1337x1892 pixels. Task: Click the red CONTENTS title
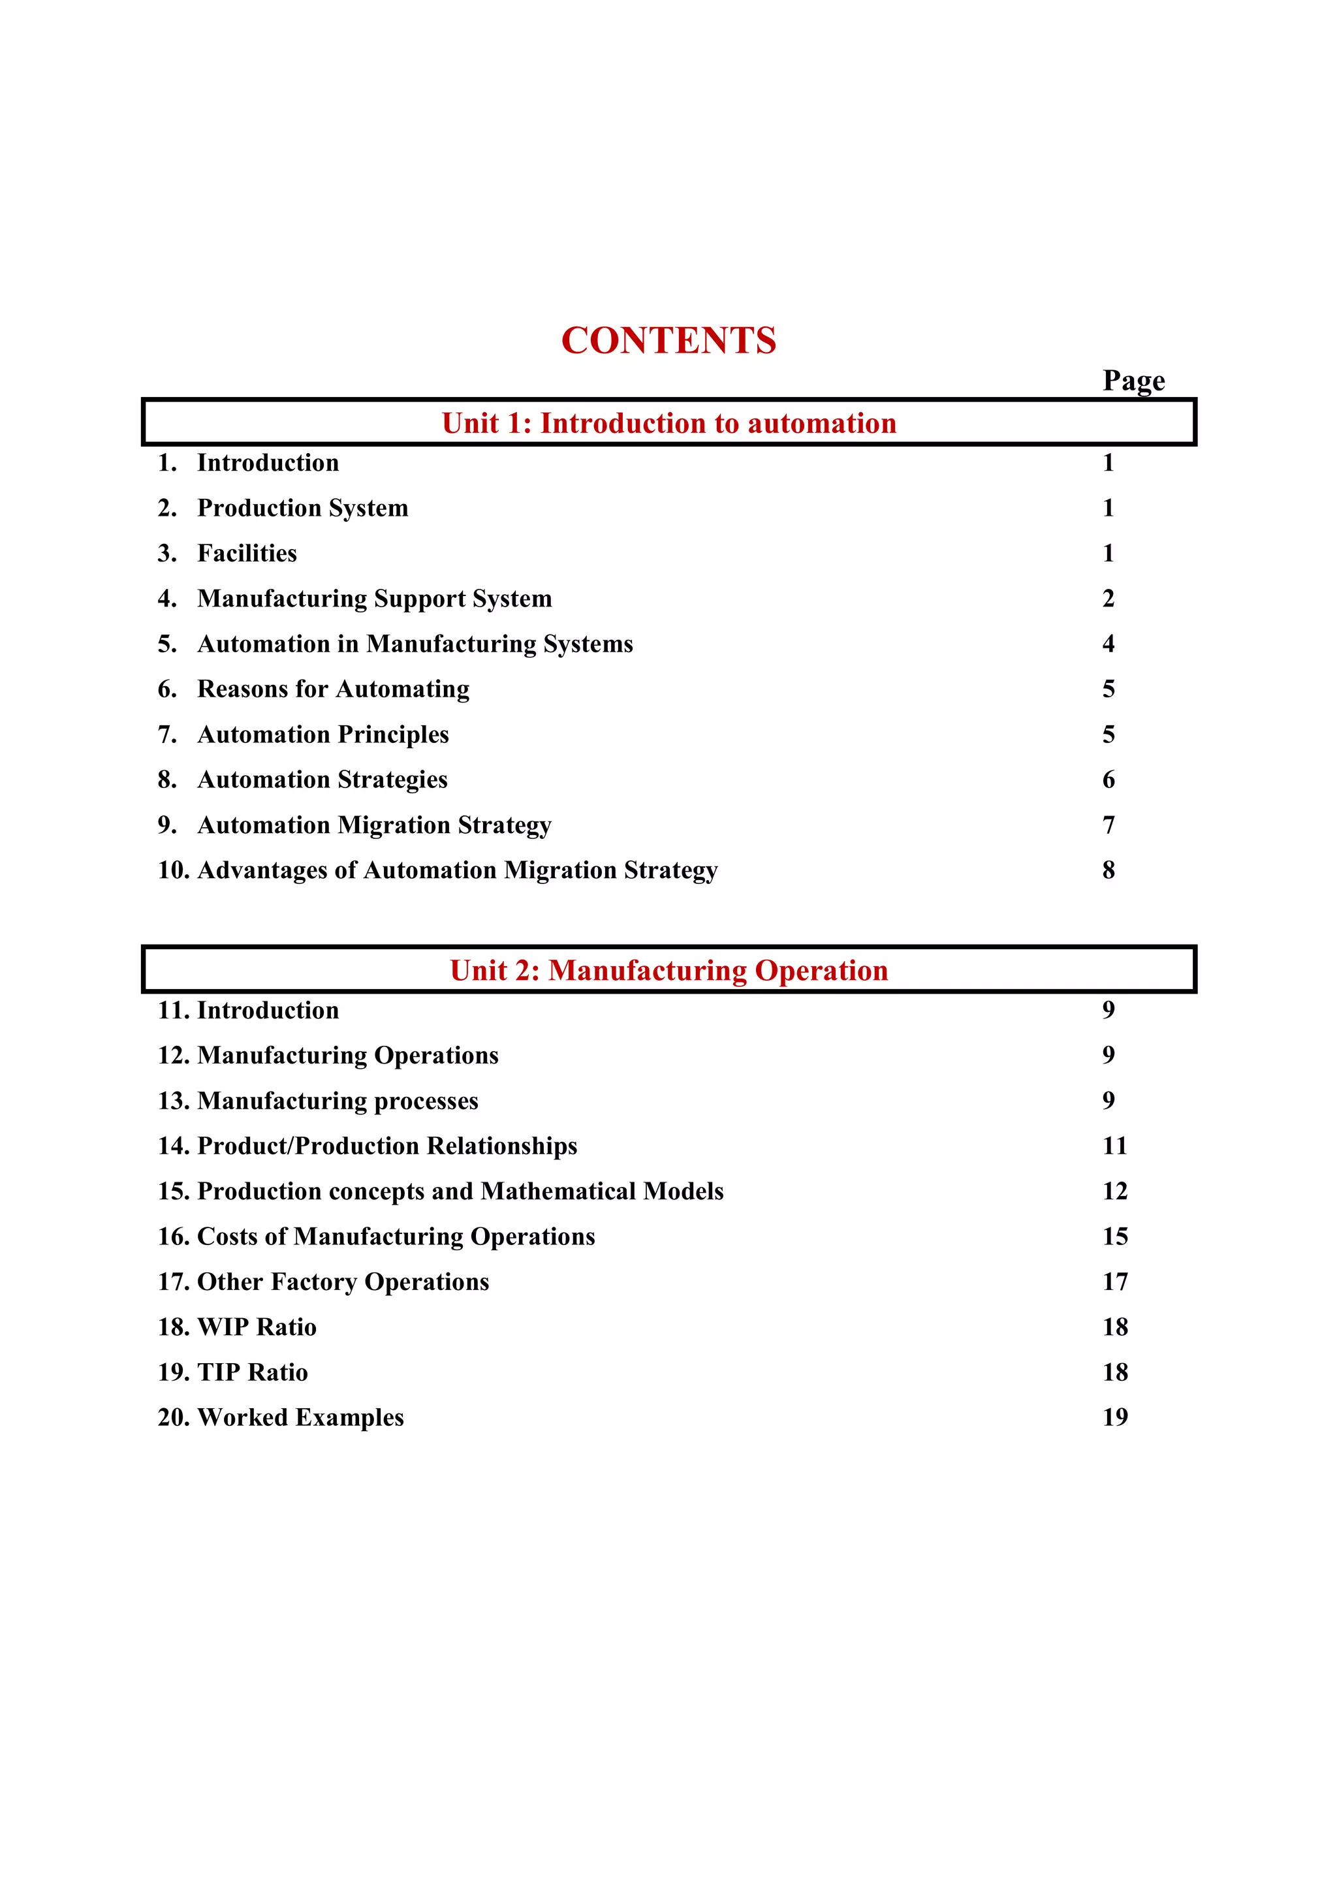pyautogui.click(x=668, y=340)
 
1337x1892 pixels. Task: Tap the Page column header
pyautogui.click(x=1133, y=381)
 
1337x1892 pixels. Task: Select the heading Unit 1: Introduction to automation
pyautogui.click(x=668, y=423)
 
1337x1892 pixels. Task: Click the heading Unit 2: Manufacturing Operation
pyautogui.click(x=668, y=970)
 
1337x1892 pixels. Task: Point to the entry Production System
pyautogui.click(x=302, y=509)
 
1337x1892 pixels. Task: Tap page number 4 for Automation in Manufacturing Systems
pyautogui.click(x=1108, y=644)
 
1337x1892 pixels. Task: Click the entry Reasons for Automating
pyautogui.click(x=333, y=689)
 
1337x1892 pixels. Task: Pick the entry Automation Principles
pyautogui.click(x=323, y=734)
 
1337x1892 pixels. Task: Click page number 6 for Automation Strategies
pyautogui.click(x=1108, y=780)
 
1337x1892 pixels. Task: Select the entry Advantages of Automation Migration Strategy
pyautogui.click(x=457, y=870)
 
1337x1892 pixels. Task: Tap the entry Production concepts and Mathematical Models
pyautogui.click(x=460, y=1191)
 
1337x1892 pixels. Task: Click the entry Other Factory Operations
pyautogui.click(x=343, y=1282)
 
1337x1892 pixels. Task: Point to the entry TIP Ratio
pyautogui.click(x=252, y=1372)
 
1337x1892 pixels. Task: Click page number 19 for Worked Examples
pyautogui.click(x=1114, y=1417)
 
